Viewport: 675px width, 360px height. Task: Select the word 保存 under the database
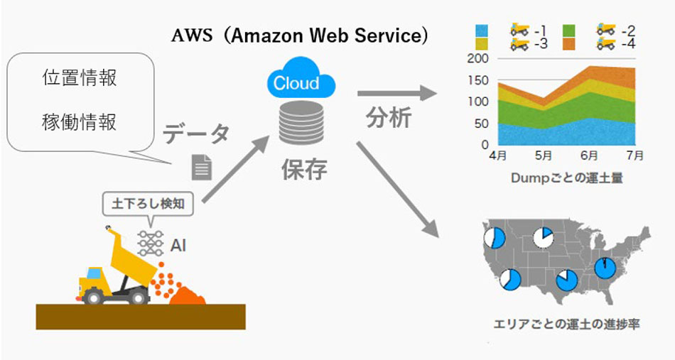tap(303, 169)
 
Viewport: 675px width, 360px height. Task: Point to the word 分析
tap(389, 117)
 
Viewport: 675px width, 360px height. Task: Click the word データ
tap(196, 133)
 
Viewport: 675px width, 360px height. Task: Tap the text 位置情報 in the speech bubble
tap(79, 77)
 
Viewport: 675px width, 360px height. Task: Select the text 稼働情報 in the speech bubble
tap(79, 121)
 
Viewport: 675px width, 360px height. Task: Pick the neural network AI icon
tap(151, 244)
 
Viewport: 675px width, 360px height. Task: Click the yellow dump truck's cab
tap(93, 276)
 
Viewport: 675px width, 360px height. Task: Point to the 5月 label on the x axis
tap(543, 155)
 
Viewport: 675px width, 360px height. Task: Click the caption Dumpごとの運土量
tap(566, 179)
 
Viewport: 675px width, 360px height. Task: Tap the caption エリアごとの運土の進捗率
tap(566, 324)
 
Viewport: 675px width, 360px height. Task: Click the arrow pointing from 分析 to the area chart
tap(396, 93)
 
